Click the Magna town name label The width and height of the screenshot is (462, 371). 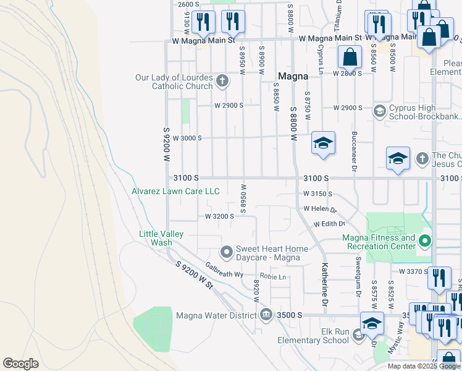pos(293,76)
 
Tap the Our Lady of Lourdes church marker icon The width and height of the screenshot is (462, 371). pos(222,80)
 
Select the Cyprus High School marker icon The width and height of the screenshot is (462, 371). pos(380,111)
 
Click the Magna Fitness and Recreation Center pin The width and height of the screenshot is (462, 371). pos(424,241)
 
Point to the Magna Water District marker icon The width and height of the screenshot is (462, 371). pos(266,315)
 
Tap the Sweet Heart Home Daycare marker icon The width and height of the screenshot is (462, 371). pos(227,252)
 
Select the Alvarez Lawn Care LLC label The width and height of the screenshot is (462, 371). pos(175,192)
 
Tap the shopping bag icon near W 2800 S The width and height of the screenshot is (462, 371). pos(350,58)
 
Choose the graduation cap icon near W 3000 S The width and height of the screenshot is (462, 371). pos(323,144)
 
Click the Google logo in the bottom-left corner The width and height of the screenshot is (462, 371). pos(20,364)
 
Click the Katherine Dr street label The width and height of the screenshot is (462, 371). pos(324,284)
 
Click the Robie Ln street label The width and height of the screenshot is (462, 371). pos(273,276)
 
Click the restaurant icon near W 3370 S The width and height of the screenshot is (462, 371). pos(439,279)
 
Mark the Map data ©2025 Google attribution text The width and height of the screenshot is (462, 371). pos(423,366)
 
